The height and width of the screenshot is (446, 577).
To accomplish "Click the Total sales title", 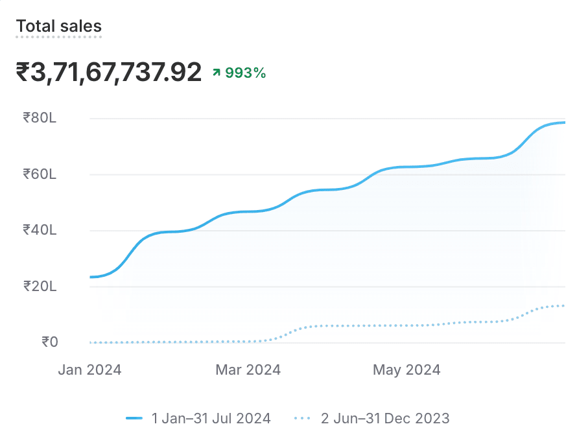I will tap(58, 26).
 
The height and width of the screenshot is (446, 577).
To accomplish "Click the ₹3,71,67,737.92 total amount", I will tap(109, 73).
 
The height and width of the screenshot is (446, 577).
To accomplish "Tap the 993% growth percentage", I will tap(246, 73).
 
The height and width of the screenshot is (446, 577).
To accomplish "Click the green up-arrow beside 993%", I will tap(217, 73).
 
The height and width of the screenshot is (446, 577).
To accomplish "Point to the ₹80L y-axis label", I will tap(40, 118).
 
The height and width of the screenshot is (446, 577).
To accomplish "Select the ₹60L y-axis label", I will tap(40, 174).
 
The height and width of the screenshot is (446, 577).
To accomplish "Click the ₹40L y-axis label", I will tap(40, 229).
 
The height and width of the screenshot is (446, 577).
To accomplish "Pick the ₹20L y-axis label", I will tap(40, 286).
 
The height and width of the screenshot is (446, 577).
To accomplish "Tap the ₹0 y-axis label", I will tap(49, 342).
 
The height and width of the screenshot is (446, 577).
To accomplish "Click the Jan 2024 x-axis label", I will tap(89, 370).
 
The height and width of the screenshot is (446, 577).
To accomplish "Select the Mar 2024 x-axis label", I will tap(248, 370).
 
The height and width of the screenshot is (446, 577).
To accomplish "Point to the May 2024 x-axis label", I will tap(406, 370).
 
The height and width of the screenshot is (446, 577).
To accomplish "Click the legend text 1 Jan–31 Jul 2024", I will tap(211, 418).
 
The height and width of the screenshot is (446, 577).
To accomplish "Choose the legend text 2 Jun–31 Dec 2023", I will tap(385, 418).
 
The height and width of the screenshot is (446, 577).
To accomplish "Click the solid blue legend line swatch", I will tap(134, 419).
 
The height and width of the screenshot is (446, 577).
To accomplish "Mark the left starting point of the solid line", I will tap(91, 277).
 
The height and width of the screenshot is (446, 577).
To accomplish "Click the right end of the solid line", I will tap(564, 123).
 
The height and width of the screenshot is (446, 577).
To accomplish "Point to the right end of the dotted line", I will tap(564, 305).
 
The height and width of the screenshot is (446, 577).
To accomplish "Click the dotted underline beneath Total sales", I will tap(58, 37).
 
